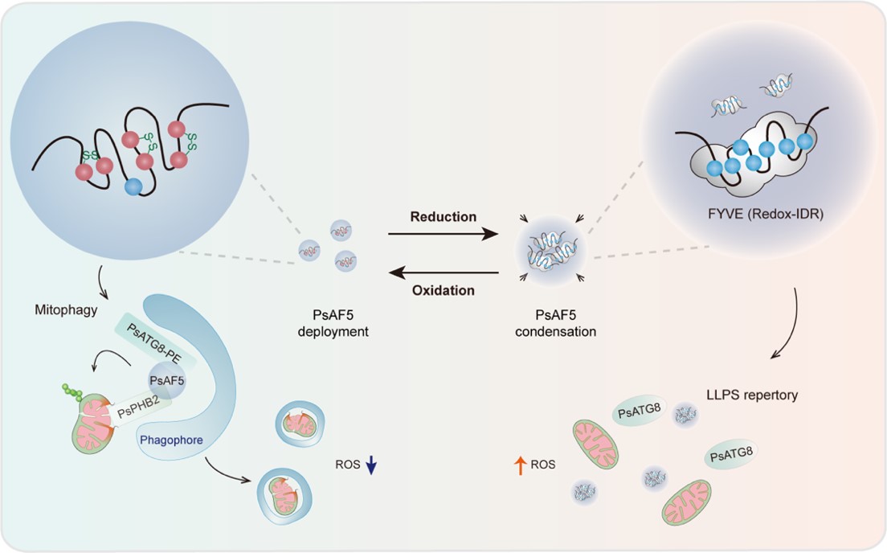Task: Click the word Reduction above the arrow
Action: point(443,217)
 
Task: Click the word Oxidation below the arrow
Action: point(443,290)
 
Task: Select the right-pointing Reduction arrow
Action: point(441,235)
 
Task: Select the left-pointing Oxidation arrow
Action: point(443,272)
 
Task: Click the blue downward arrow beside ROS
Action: point(371,465)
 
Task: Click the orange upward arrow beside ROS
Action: point(519,463)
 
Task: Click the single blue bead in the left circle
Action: point(134,187)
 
